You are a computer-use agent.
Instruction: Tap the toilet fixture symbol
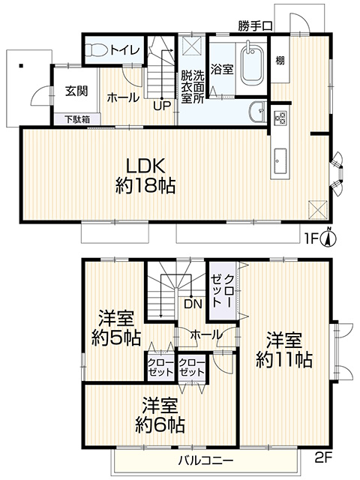[95, 51]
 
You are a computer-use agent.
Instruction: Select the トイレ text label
[123, 51]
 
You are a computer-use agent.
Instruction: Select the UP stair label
[162, 105]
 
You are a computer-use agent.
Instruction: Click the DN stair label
[193, 304]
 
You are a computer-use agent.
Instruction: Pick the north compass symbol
[330, 238]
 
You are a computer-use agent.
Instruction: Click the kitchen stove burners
[281, 118]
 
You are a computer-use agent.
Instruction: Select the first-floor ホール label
[121, 97]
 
